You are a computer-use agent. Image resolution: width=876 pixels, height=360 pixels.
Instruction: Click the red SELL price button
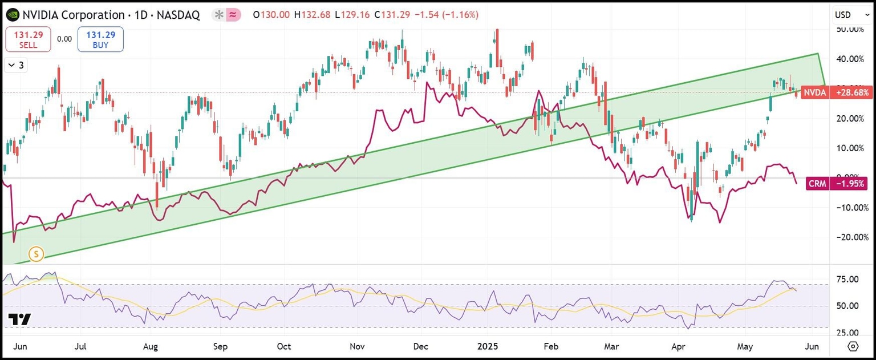coord(28,39)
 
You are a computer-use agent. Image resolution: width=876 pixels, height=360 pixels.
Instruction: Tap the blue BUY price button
coord(100,39)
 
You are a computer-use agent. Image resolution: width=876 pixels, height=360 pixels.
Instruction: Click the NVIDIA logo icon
coord(11,15)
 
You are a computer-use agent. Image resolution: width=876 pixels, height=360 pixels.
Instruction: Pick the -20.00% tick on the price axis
coord(850,237)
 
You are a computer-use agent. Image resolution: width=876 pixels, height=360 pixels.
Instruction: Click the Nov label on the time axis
coord(357,346)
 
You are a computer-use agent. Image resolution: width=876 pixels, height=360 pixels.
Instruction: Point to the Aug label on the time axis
coord(150,346)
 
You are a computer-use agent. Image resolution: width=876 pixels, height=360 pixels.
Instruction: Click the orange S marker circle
coord(36,254)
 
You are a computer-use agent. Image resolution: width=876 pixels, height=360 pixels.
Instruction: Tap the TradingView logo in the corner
coord(19,319)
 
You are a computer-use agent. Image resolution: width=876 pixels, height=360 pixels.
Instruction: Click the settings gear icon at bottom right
coord(853,346)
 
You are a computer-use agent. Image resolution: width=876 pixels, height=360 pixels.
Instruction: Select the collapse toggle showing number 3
coord(17,65)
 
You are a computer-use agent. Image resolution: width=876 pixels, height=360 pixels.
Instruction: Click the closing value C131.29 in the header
coord(392,15)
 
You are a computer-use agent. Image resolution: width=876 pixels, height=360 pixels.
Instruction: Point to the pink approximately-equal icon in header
coord(233,15)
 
